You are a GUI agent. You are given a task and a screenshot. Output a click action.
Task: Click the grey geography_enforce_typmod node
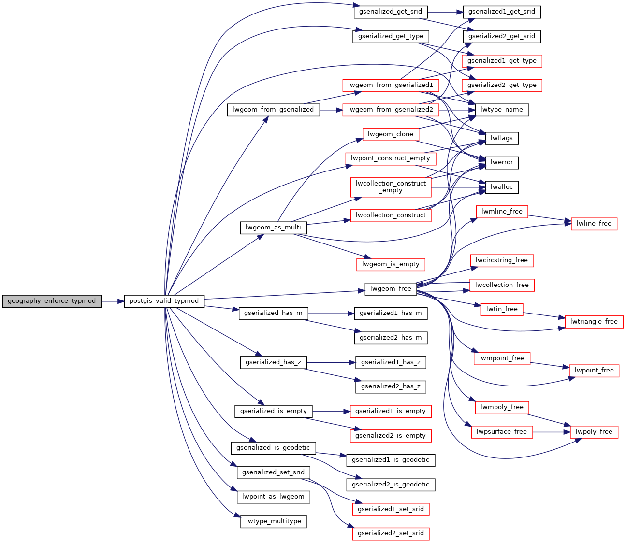point(52,301)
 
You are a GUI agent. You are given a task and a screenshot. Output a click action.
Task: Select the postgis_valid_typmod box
point(164,301)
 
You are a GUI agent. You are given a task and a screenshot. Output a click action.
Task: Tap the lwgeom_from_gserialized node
point(273,110)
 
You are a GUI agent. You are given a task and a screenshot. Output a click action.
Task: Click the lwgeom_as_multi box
point(273,228)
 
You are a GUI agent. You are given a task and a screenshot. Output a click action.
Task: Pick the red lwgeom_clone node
point(391,134)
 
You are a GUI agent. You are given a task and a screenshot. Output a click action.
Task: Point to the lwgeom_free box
point(391,289)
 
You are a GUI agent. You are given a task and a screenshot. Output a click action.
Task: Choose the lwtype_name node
point(502,110)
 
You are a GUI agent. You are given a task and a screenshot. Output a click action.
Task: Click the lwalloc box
point(502,187)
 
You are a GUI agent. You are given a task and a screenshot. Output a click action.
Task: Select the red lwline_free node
point(594,224)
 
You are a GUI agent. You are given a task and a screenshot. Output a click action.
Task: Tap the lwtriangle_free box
point(594,322)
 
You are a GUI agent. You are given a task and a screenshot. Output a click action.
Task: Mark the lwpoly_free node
point(594,432)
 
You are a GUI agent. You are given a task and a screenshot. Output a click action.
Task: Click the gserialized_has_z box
point(273,362)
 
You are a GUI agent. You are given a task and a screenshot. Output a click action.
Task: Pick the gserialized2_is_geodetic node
point(391,485)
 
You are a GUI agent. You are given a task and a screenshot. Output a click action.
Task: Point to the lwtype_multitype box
point(273,521)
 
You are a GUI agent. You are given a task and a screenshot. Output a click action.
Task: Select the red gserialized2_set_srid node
point(391,533)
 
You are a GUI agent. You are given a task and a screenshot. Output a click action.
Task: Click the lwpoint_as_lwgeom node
point(273,497)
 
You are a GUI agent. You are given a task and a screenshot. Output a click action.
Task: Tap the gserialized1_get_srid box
point(502,12)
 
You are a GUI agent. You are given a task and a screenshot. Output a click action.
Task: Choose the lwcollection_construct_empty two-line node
point(391,187)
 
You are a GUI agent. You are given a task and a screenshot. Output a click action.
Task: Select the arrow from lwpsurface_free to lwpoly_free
point(551,432)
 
